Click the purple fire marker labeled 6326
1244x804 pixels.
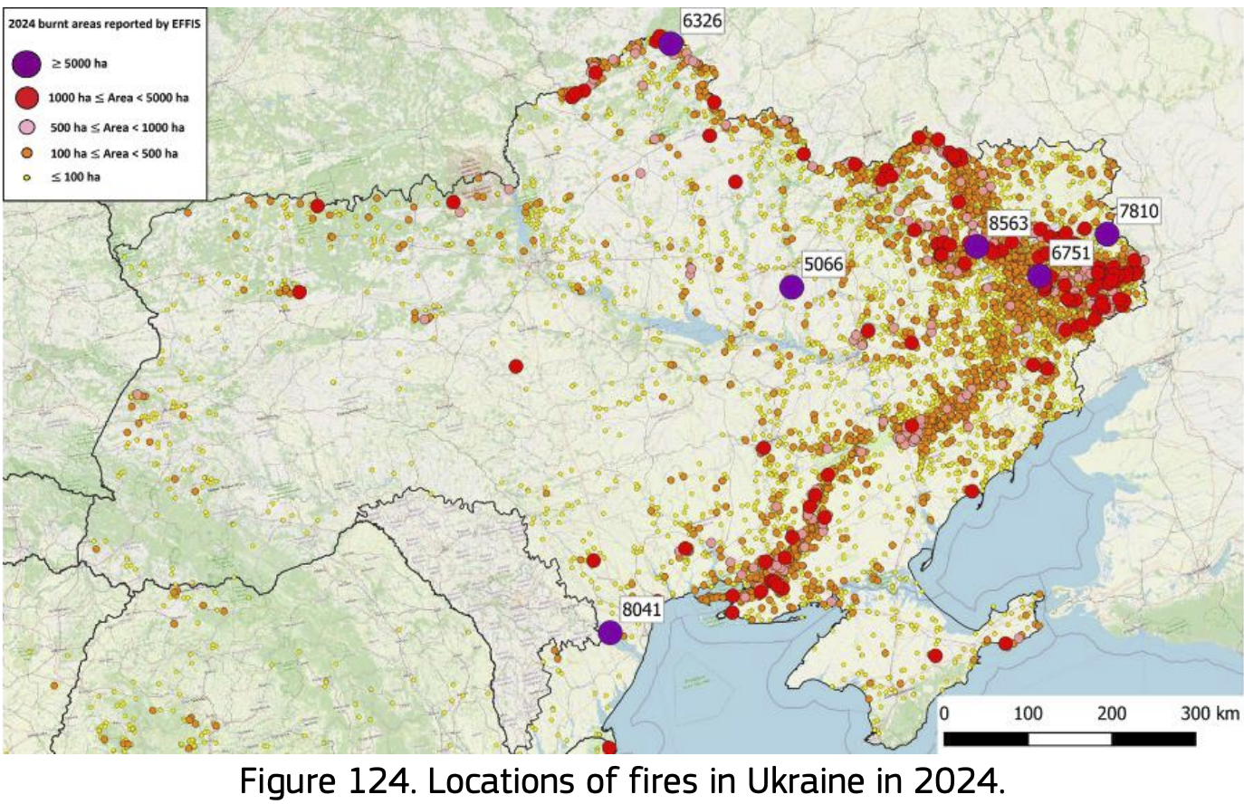tap(670, 43)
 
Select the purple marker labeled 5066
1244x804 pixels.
tap(791, 287)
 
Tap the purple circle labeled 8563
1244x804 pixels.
tap(975, 245)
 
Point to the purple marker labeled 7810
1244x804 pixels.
tap(1106, 234)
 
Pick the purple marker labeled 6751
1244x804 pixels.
tap(1039, 275)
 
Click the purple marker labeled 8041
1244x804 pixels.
tap(610, 632)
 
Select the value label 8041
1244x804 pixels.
tap(641, 609)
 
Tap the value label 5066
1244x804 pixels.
tap(823, 264)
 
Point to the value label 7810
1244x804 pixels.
tap(1138, 211)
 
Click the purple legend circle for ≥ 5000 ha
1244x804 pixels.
tap(27, 63)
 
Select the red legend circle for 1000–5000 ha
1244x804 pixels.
tap(28, 97)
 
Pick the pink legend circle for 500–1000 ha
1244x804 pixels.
tap(28, 128)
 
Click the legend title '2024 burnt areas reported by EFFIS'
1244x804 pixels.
tap(104, 24)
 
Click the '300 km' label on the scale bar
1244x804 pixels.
tap(1210, 713)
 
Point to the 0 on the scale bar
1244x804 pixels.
tap(944, 713)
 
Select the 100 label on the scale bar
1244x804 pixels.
tap(1028, 713)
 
